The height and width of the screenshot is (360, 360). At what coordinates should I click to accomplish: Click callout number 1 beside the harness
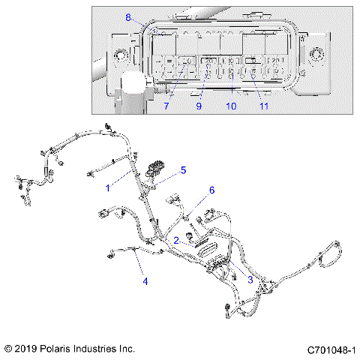pos(108,187)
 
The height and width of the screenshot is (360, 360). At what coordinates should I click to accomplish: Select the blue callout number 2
pos(175,241)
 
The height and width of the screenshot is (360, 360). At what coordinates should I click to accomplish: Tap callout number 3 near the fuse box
pos(250,279)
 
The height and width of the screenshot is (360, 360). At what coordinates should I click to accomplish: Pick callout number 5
pos(182,171)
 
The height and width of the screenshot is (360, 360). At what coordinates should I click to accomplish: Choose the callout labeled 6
pos(211,190)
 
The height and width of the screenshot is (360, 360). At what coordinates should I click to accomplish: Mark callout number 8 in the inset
pos(128,17)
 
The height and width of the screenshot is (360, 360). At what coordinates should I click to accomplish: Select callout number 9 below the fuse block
pos(199,106)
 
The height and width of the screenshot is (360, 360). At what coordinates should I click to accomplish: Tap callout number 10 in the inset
pos(231,106)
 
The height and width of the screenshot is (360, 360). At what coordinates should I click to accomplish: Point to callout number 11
pos(263,106)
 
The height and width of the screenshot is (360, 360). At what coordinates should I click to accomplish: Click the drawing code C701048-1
pos(331,349)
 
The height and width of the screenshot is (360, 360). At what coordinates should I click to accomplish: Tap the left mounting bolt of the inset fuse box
pos(119,55)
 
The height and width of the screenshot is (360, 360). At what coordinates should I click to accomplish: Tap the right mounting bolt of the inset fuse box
pos(317,55)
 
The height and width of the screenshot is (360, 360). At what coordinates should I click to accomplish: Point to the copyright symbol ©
pos(8,349)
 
